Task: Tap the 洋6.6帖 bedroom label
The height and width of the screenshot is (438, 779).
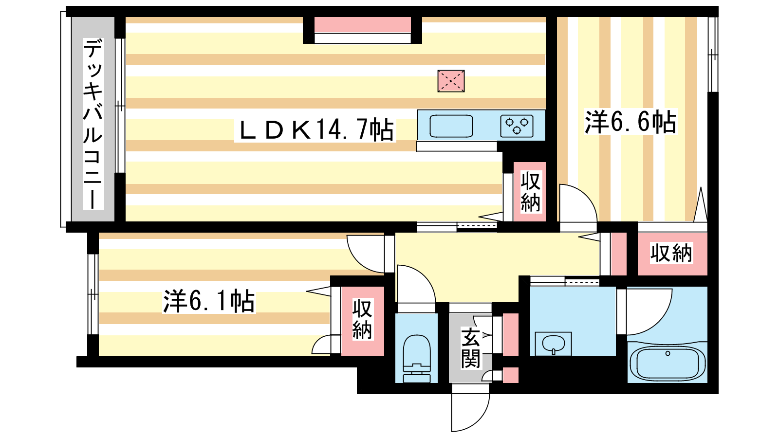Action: coord(630,122)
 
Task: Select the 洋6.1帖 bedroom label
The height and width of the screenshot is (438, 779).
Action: coord(209,301)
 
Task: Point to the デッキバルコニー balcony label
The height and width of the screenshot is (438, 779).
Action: coord(93,124)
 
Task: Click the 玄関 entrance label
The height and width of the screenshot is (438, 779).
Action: coord(471,348)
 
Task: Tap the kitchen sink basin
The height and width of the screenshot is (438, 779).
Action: coord(451,126)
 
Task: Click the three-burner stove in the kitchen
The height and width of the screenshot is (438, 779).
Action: coord(517,126)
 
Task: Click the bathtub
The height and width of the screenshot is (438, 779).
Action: coord(668,362)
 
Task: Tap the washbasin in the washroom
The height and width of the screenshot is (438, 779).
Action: coord(554,345)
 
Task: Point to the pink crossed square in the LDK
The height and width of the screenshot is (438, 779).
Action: coord(451,81)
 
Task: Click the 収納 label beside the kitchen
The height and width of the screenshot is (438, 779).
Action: coord(530,192)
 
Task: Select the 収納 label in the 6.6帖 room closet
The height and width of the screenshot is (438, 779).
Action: coord(671,253)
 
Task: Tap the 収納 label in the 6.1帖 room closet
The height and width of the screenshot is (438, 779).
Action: coord(362,320)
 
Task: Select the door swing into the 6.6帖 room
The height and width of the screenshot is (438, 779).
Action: coord(578,203)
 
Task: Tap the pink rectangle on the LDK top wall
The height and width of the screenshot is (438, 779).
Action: coord(362,25)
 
